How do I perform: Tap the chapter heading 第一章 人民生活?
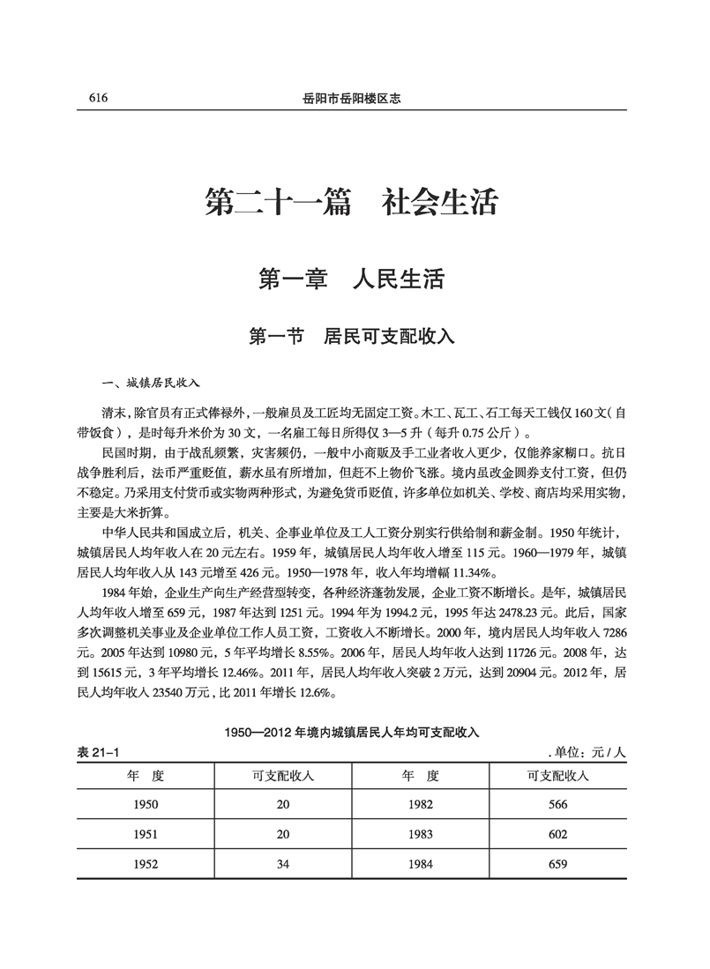(352, 280)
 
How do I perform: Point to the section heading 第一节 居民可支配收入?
(352, 336)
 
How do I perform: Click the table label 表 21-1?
(99, 752)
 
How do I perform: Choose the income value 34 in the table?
(283, 865)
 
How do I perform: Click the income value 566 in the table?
(557, 804)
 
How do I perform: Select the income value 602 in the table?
(557, 834)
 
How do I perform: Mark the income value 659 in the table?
(557, 865)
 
